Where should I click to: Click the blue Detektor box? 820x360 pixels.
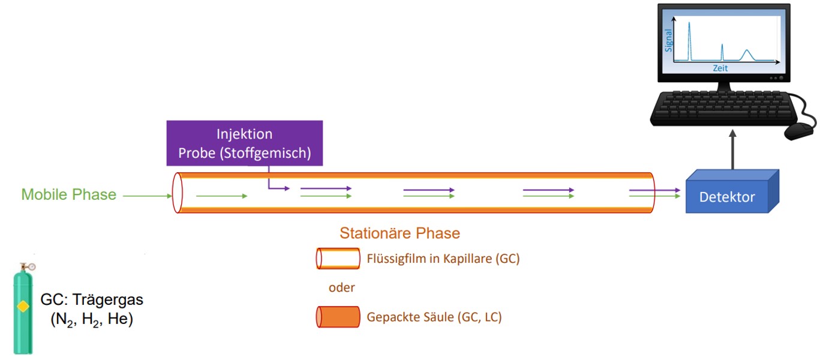732,191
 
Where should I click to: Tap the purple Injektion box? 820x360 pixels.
245,143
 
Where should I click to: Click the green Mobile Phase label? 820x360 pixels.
69,194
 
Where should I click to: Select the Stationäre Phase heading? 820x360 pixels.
400,233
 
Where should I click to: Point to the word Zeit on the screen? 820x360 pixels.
720,68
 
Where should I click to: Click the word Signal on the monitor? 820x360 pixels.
668,41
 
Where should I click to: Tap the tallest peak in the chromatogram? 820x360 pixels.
689,41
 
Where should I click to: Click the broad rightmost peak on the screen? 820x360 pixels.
747,55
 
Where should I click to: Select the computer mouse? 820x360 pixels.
799,131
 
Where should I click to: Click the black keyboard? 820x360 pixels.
723,109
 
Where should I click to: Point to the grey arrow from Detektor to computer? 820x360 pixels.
732,149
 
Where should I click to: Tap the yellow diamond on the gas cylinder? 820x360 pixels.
23,306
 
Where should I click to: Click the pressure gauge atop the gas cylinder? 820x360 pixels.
32,266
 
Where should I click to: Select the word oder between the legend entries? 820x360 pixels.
341,287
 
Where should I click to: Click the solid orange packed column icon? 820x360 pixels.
338,317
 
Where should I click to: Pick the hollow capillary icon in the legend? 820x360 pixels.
338,259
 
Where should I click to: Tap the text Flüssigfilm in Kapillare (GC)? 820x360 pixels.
443,259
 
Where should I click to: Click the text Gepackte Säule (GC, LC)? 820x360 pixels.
434,317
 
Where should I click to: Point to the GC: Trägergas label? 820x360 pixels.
92,299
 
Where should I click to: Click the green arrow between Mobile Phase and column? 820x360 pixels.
148,196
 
